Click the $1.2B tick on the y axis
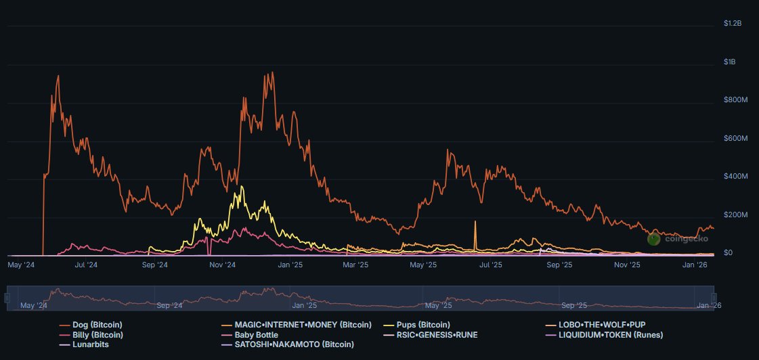pyautogui.click(x=733, y=24)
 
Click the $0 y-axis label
pyautogui.click(x=728, y=253)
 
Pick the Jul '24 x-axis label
pyautogui.click(x=86, y=265)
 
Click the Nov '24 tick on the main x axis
pyautogui.click(x=221, y=265)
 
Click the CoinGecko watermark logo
pyautogui.click(x=654, y=238)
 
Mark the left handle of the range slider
pyautogui.click(x=7, y=299)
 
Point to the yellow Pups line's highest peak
pyautogui.click(x=238, y=186)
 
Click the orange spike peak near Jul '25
pyautogui.click(x=475, y=221)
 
